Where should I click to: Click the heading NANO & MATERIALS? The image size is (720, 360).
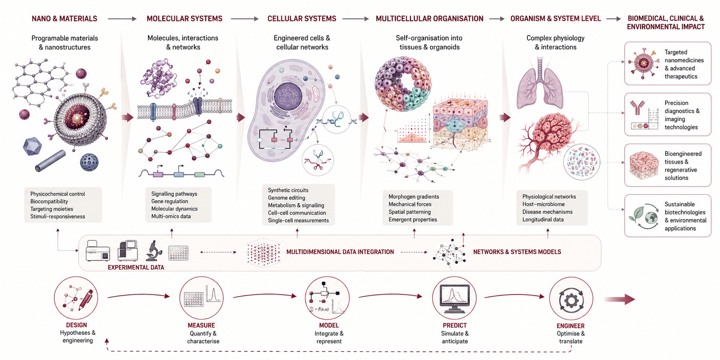65,19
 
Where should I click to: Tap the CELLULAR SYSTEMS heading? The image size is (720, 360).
302,19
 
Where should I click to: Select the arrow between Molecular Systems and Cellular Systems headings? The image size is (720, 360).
244,19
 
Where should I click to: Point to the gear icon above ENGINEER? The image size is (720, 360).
571,300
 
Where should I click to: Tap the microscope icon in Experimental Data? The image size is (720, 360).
153,250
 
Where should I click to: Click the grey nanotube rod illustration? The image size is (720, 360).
50,161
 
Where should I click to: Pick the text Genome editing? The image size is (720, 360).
287,198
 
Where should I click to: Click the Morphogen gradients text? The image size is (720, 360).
414,197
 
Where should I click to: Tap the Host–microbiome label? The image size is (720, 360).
543,204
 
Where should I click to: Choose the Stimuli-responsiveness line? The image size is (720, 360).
58,217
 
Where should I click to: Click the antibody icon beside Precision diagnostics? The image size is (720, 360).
637,108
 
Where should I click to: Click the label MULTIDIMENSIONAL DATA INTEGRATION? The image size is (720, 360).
340,252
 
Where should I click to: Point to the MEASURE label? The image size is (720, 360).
201,326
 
